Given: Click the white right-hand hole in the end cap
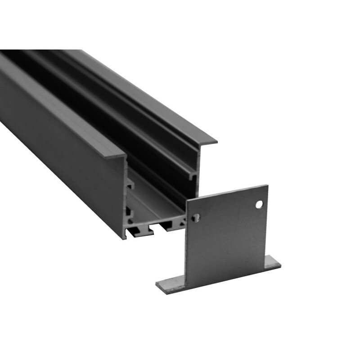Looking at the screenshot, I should (x=259, y=204).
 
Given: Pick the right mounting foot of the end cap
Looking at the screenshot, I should (x=272, y=262).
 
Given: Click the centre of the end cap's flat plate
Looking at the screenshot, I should (x=227, y=234).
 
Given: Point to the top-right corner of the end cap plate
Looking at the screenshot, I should (x=267, y=185).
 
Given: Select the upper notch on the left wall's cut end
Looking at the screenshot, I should (x=130, y=184).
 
